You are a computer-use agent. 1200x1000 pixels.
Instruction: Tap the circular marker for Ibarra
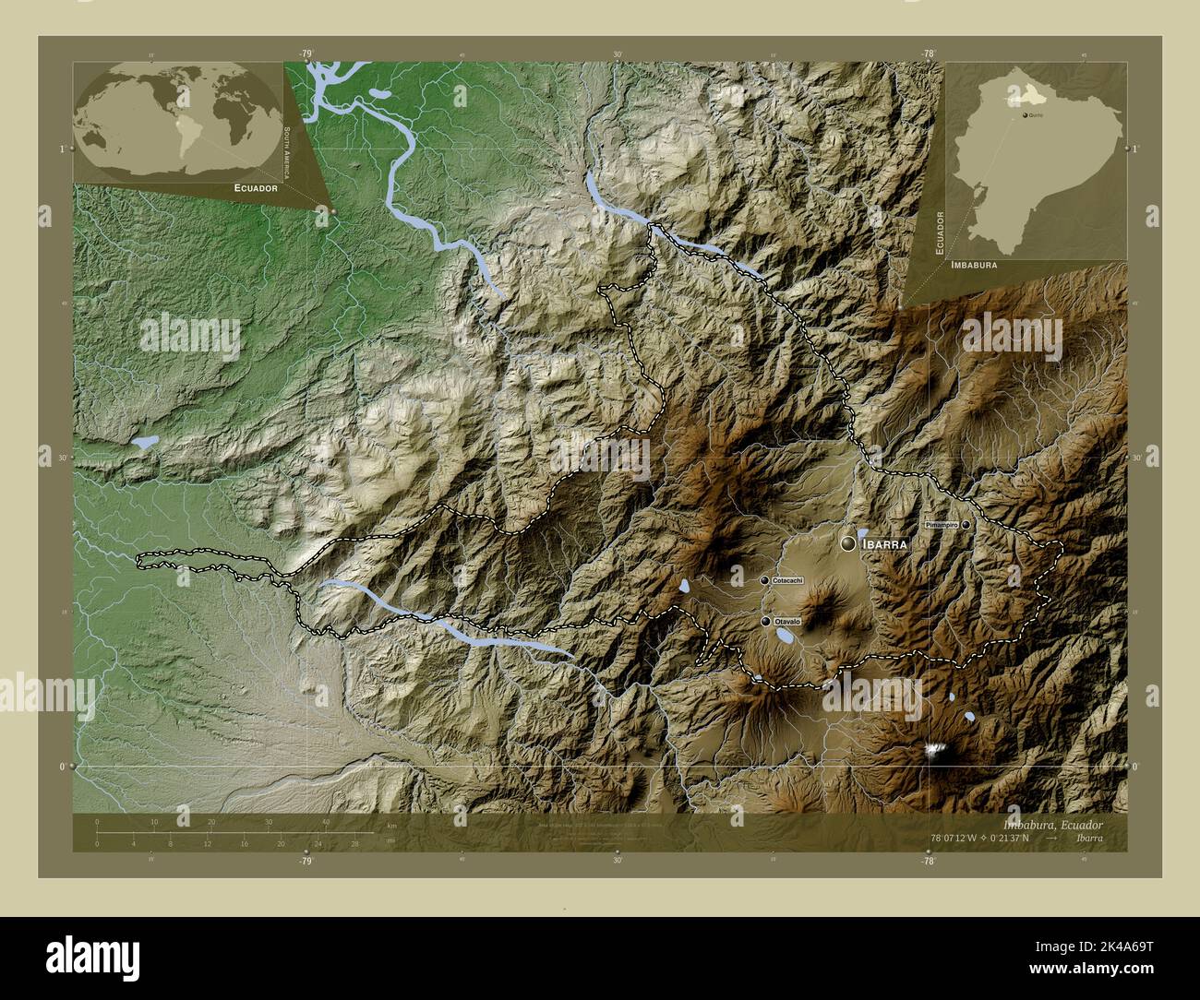(848, 544)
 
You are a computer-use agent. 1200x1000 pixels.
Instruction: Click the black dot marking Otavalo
(765, 622)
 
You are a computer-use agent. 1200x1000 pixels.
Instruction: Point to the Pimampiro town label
(941, 524)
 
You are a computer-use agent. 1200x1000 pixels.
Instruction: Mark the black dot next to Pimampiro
(966, 524)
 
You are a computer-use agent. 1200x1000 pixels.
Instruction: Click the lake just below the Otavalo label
(786, 636)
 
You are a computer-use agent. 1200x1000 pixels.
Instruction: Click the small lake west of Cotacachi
(684, 586)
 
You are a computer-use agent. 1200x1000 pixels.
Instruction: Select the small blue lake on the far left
(144, 443)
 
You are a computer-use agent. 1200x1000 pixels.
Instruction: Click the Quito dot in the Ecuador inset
(1026, 115)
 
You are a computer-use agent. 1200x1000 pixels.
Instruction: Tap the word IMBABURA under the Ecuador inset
(971, 265)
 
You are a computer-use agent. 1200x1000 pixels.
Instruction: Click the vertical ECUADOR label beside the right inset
(939, 232)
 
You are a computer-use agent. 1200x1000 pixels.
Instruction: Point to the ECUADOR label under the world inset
(243, 188)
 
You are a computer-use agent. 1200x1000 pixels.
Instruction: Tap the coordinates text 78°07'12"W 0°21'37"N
(991, 838)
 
